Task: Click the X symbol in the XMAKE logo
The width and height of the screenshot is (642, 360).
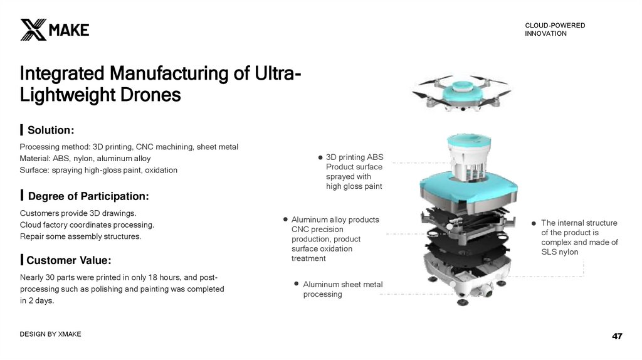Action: click(x=33, y=29)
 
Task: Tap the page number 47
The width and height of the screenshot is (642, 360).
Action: click(x=617, y=336)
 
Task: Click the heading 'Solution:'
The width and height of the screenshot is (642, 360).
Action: click(x=51, y=130)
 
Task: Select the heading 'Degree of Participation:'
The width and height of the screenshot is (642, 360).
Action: click(x=88, y=196)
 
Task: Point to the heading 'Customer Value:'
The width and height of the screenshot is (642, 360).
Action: click(x=69, y=260)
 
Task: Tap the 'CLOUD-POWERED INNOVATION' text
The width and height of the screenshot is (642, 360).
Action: click(x=555, y=29)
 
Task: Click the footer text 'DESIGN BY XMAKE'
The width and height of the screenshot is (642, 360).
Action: click(x=50, y=334)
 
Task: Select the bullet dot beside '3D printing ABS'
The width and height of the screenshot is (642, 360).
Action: click(x=320, y=157)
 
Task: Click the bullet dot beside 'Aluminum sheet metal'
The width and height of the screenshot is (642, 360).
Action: click(x=297, y=283)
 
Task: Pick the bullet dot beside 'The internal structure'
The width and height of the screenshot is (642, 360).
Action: click(x=534, y=223)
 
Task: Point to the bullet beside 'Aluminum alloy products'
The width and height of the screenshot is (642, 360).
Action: click(x=285, y=220)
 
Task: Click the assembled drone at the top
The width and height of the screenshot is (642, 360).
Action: click(x=462, y=93)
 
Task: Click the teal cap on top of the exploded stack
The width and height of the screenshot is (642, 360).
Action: click(x=469, y=141)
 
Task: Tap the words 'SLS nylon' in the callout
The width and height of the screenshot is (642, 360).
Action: click(x=560, y=252)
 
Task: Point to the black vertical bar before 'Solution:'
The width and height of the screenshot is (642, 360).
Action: click(x=21, y=130)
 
